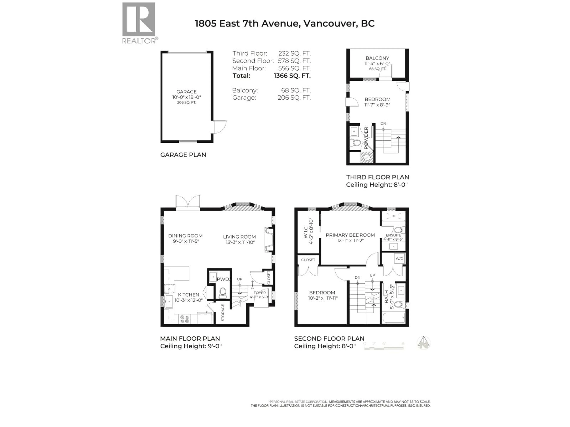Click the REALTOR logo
click(x=139, y=23)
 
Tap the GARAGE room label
click(x=186, y=92)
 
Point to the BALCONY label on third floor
click(x=377, y=58)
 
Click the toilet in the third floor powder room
click(x=357, y=142)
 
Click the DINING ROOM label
click(x=185, y=236)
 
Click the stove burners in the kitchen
click(x=185, y=319)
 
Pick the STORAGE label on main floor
click(x=223, y=312)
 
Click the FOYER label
click(x=259, y=293)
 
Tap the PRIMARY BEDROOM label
click(x=350, y=235)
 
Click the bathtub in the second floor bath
click(x=394, y=318)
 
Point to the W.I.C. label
click(x=306, y=232)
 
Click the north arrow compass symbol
click(x=423, y=343)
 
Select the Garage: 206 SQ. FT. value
click(x=294, y=98)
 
